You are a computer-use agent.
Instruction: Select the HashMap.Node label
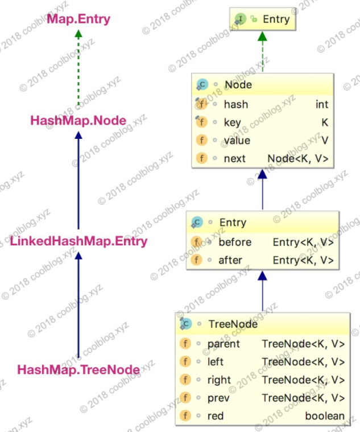point(78,120)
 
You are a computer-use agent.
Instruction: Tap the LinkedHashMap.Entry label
point(78,241)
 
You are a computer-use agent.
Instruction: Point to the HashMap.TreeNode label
point(78,370)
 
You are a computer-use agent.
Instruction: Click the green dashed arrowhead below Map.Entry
point(78,35)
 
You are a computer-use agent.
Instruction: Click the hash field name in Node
point(235,104)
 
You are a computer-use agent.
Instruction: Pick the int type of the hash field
point(322,104)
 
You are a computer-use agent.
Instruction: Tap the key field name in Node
point(232,122)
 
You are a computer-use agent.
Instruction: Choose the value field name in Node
point(237,141)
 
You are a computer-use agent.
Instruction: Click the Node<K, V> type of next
point(297,159)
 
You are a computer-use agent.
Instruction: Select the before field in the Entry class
point(234,242)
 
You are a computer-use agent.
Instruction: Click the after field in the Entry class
point(230,260)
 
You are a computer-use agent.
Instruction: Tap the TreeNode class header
point(233,324)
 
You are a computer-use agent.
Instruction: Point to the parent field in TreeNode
point(224,343)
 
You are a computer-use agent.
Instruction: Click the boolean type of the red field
point(325,416)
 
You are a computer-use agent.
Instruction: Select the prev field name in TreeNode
point(219,398)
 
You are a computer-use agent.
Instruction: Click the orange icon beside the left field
point(185,361)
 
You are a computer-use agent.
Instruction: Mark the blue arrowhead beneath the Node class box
point(262,174)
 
